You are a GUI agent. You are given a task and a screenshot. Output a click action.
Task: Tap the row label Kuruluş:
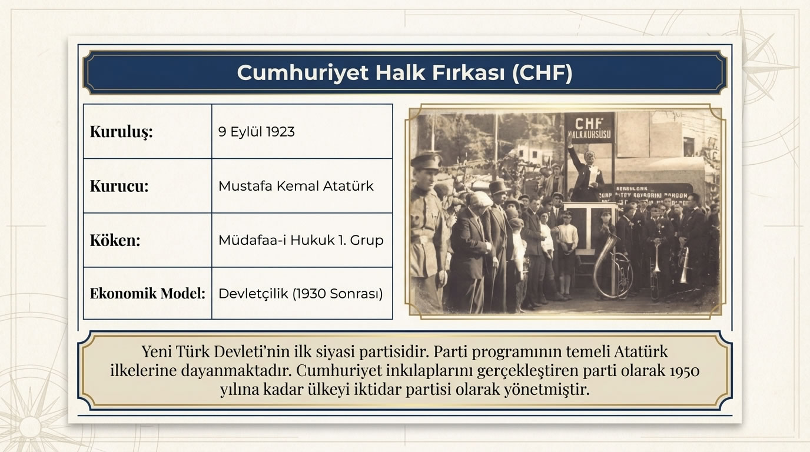tap(121, 132)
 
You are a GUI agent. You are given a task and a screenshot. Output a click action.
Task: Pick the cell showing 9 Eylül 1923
tap(257, 132)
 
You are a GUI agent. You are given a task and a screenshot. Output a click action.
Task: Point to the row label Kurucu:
tap(119, 186)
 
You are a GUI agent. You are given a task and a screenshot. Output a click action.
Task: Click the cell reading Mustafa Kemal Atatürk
tap(296, 186)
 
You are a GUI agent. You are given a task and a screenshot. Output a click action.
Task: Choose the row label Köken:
tap(115, 240)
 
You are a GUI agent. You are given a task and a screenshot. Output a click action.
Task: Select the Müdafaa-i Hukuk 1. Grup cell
tap(301, 240)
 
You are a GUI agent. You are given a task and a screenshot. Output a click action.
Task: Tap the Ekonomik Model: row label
tap(147, 293)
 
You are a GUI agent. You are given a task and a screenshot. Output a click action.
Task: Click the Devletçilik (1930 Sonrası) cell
tap(301, 293)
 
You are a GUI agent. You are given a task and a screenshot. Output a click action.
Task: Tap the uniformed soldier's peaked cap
tap(426, 160)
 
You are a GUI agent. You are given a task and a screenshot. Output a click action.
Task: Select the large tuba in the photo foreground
tap(609, 268)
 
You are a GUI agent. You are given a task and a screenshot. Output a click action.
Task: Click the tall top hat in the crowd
tap(499, 188)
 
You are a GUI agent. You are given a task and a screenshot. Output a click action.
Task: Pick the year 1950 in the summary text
tap(685, 371)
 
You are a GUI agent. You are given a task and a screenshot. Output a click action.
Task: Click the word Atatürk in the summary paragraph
tap(641, 353)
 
